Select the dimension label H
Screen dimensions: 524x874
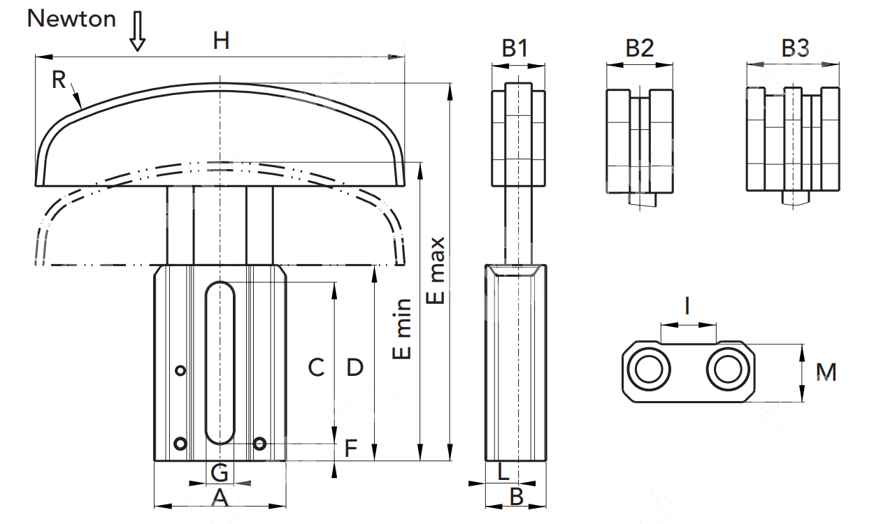221,41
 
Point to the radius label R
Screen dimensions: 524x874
59,80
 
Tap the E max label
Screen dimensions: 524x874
436,270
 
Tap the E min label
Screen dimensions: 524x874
403,328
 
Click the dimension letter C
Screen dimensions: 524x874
316,367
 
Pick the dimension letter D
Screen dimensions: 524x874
355,367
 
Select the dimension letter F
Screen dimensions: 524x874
351,448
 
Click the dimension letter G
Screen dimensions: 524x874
220,474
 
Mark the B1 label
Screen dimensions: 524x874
515,48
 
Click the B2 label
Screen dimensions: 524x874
639,48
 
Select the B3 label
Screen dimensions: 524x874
795,48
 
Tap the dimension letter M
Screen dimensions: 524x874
826,372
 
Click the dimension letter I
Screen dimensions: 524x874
688,306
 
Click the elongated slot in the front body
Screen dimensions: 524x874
220,363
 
